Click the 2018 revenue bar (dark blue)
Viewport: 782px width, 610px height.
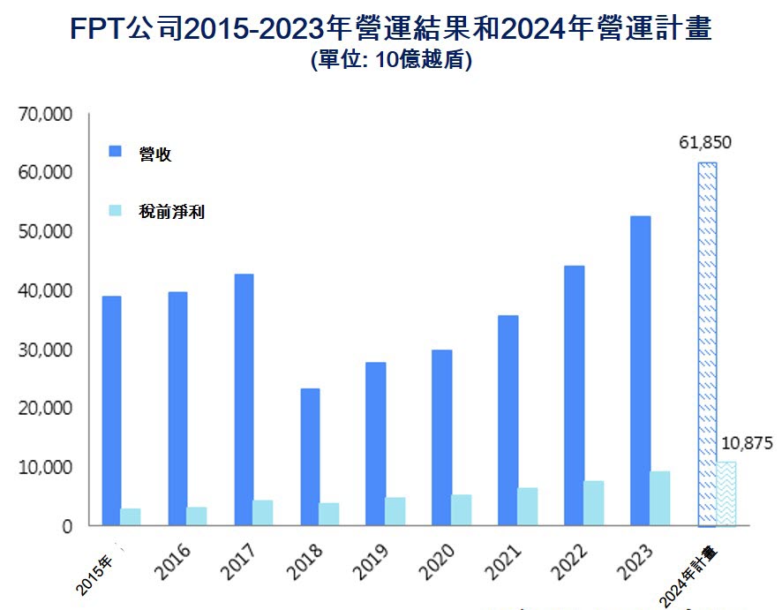(310, 456)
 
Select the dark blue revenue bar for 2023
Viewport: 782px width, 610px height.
(640, 371)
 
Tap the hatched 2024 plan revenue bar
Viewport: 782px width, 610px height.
(706, 344)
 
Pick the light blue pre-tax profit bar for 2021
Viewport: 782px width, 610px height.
(528, 507)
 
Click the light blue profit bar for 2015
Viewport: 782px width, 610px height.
(131, 516)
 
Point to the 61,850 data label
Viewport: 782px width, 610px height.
(705, 142)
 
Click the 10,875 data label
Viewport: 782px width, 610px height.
(747, 443)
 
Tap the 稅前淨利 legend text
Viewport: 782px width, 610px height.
(172, 212)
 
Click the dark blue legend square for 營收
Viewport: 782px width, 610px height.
(115, 152)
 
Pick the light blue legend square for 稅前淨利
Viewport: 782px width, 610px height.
(115, 211)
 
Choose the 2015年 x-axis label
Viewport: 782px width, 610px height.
(94, 575)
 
